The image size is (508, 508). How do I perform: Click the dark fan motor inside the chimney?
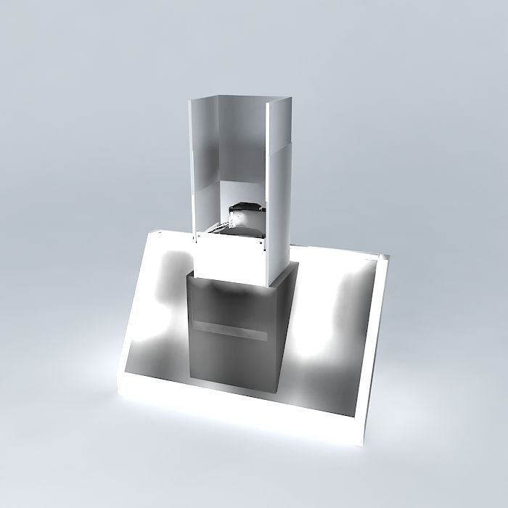point(242,215)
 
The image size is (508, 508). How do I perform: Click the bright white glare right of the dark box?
point(319,348)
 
